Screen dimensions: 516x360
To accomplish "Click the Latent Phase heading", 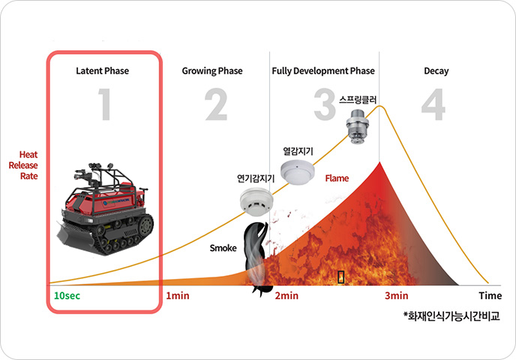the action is [x=102, y=71].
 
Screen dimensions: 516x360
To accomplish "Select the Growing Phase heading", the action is [x=212, y=71].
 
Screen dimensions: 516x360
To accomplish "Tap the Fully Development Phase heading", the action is [x=323, y=71].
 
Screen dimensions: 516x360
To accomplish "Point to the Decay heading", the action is [x=436, y=71].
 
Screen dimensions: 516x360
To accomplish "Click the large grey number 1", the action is [x=105, y=104].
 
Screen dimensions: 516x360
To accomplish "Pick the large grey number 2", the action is [x=216, y=104].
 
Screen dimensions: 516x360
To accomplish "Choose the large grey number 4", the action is [x=433, y=104].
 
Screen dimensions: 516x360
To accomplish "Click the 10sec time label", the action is [x=67, y=295].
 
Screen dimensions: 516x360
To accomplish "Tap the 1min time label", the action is [x=178, y=295].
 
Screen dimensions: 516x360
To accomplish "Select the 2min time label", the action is [x=286, y=295].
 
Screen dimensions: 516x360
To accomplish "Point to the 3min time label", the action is [x=397, y=295].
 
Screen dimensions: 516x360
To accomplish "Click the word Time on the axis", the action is [x=490, y=295].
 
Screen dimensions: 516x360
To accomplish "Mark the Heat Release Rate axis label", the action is [x=24, y=165].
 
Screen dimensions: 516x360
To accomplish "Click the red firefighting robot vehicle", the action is [x=105, y=208].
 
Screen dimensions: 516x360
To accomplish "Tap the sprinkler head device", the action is [x=358, y=127].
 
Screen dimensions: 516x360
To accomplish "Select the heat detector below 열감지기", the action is [x=298, y=172].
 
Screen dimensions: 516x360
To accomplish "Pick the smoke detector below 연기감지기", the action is [x=256, y=202].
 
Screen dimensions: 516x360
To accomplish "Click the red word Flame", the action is [x=337, y=178].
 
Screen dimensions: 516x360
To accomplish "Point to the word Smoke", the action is [x=223, y=247].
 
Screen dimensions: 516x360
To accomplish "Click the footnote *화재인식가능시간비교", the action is [x=451, y=316].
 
